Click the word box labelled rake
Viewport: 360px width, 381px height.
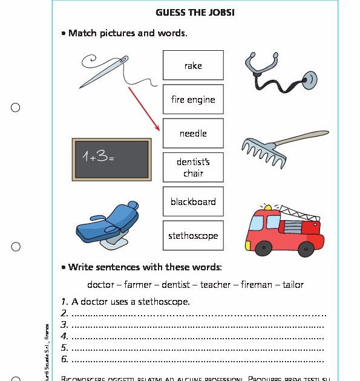tap(193, 65)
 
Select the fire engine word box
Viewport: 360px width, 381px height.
tap(193, 100)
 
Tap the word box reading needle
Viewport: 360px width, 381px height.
tap(193, 134)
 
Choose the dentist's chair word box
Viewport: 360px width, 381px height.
tap(193, 168)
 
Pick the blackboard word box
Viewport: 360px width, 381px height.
tap(193, 202)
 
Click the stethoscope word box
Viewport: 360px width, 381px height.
tap(193, 236)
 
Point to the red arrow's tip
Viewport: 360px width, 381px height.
tap(159, 131)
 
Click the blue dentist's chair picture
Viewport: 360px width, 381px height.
tap(108, 224)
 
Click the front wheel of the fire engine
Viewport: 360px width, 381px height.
tap(264, 249)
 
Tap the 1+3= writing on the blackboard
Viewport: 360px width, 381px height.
tap(98, 157)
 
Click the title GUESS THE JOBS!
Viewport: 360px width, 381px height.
tap(195, 12)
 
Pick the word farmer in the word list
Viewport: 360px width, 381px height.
tap(137, 284)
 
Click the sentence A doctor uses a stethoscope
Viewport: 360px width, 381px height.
tap(131, 301)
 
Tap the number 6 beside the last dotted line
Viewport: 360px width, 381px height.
tap(64, 359)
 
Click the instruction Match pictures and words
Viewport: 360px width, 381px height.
tap(128, 33)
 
